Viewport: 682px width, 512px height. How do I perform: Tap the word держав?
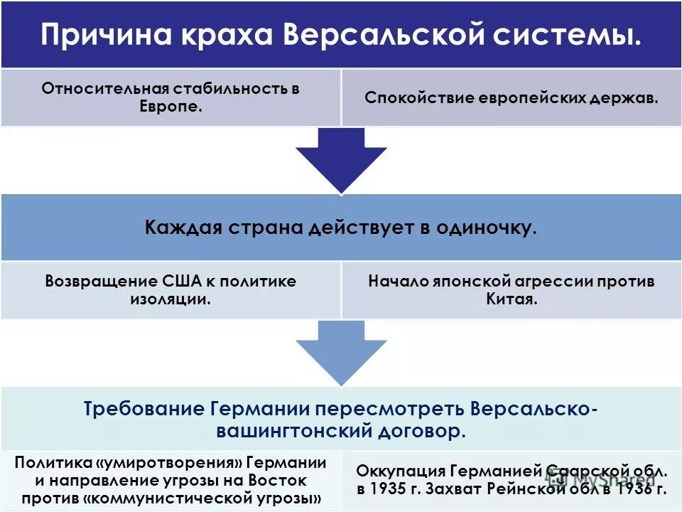coord(629,97)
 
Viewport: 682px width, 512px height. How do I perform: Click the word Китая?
coord(511,299)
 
